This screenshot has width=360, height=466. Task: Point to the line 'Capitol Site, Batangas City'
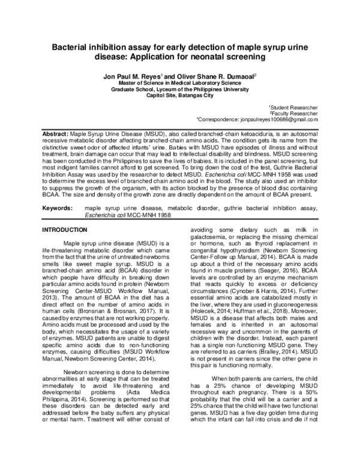[179, 95]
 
